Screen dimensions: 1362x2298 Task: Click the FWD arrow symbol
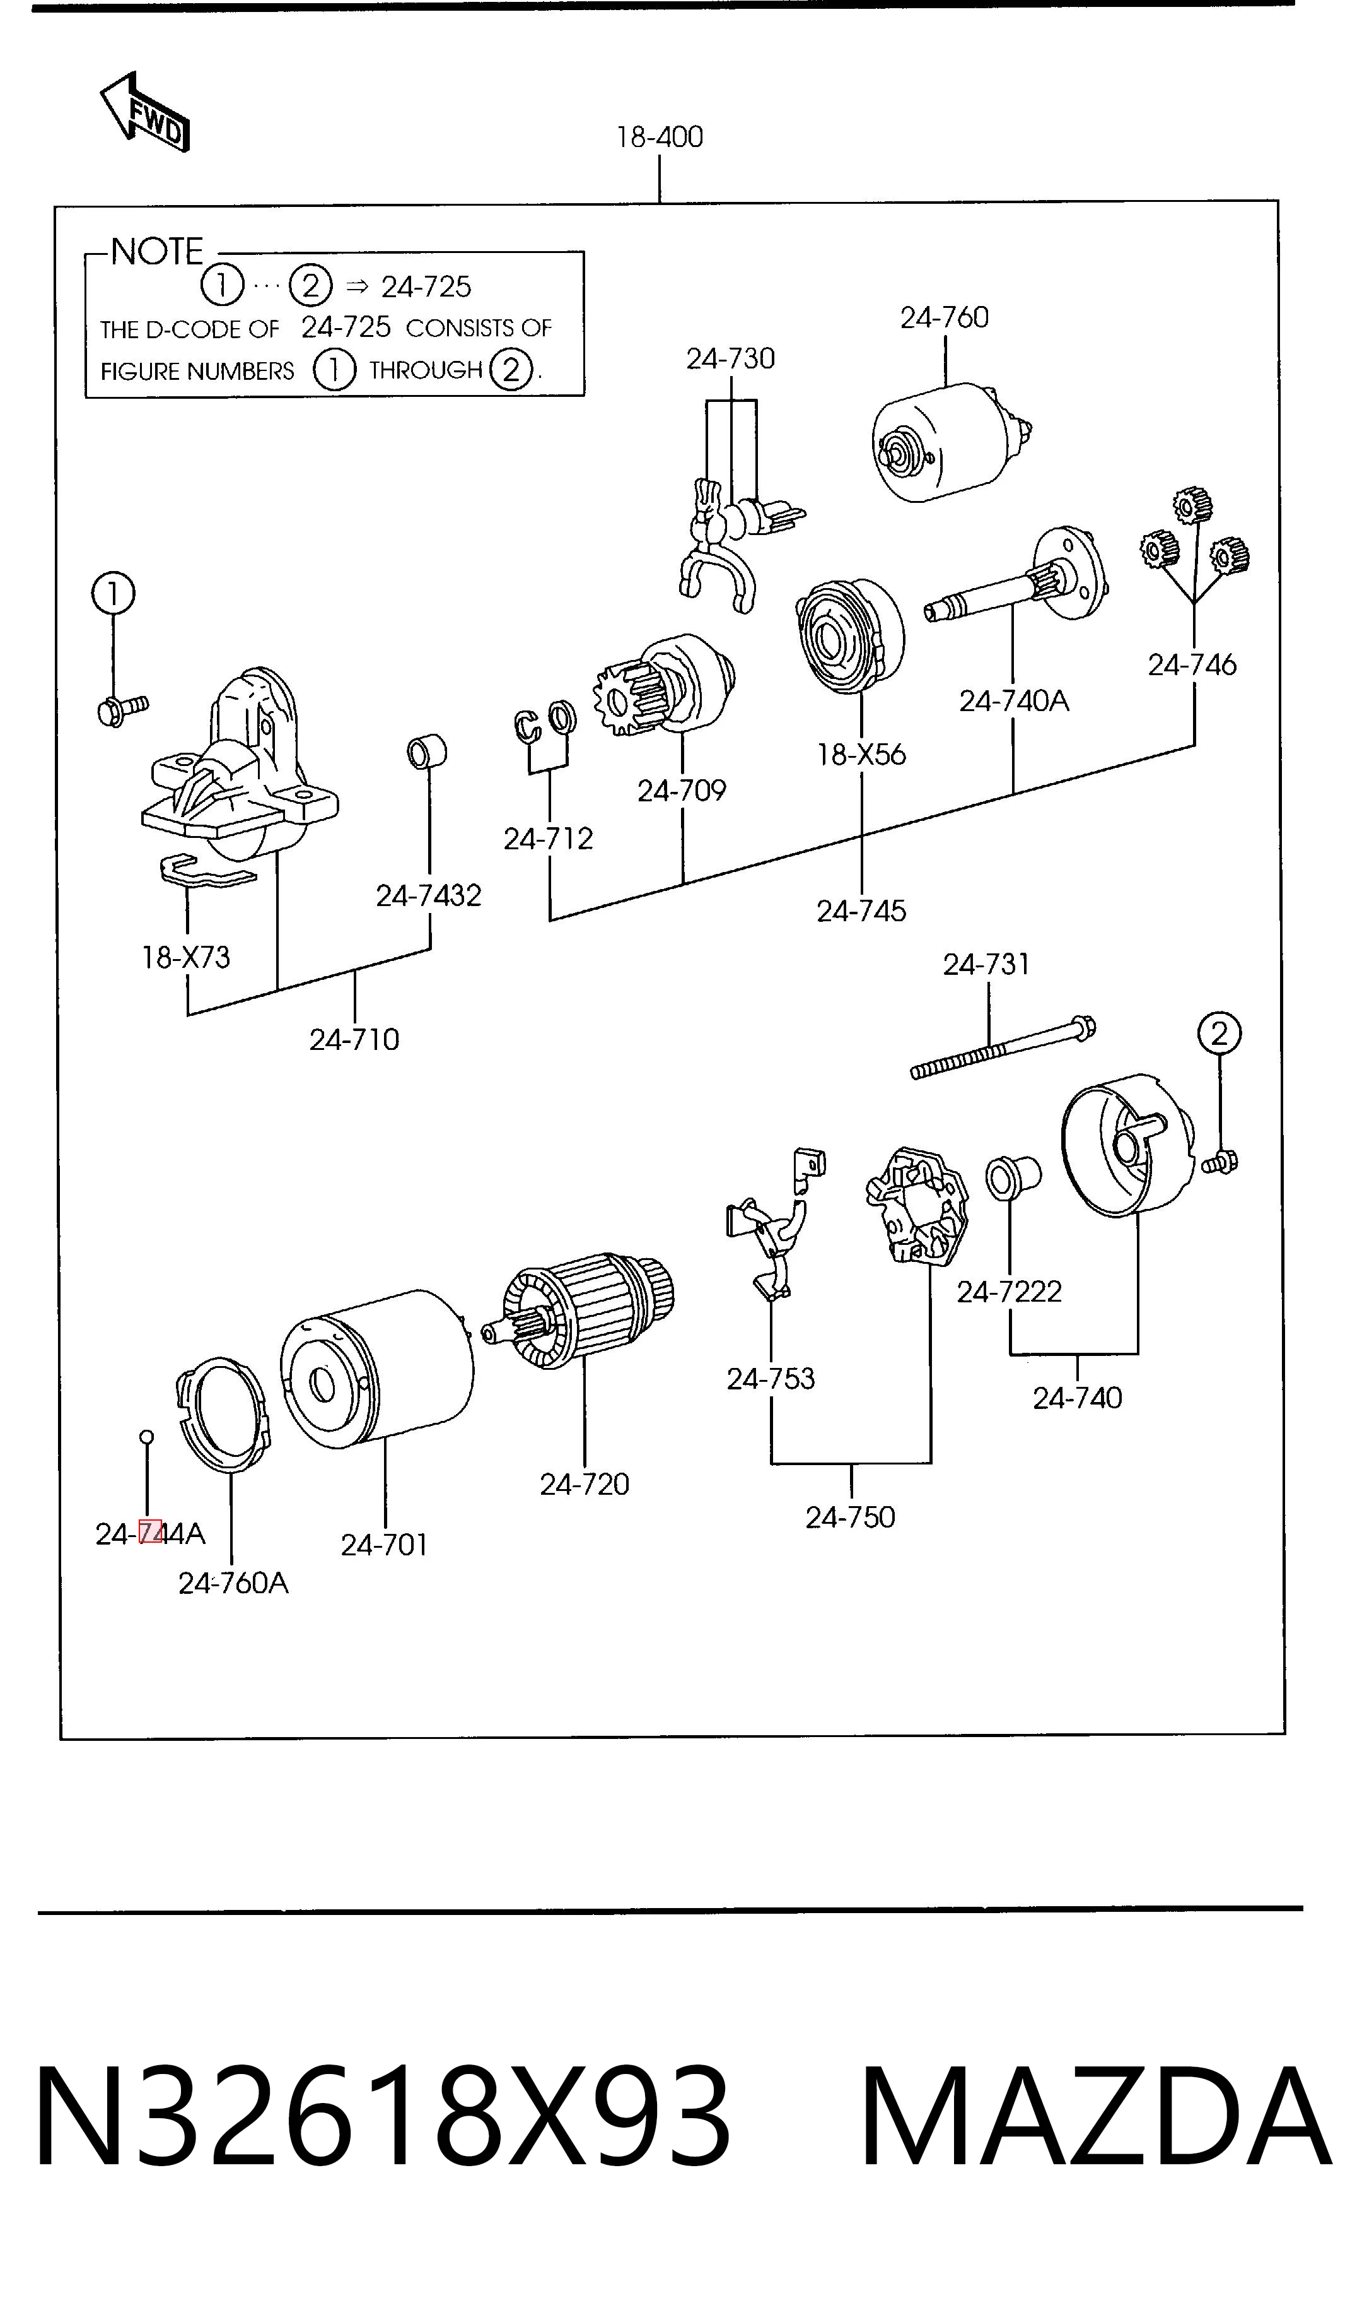(145, 113)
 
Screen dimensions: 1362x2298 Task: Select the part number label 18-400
(660, 137)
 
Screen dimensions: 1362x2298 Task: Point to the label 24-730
(731, 358)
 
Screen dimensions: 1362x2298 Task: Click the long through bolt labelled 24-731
(1003, 1047)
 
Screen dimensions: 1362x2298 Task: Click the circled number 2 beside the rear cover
(1219, 1035)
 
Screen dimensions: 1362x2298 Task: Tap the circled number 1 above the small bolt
(113, 594)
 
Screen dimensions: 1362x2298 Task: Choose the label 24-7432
(429, 895)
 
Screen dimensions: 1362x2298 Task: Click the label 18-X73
(185, 958)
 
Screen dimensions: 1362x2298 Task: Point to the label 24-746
(1192, 664)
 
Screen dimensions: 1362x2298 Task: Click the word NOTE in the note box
(157, 252)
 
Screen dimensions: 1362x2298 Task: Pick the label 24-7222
(1009, 1292)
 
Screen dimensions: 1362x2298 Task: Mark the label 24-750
(850, 1517)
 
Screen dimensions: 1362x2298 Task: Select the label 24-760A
(233, 1583)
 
